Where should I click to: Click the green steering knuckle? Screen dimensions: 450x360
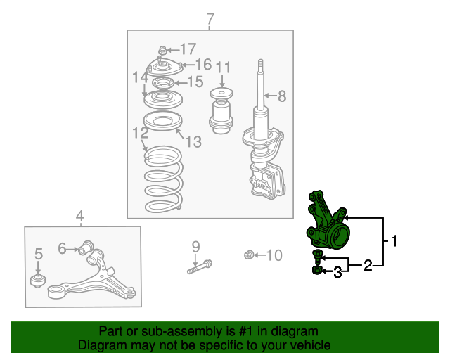tap(327, 221)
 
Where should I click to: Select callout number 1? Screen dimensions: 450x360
tap(394, 241)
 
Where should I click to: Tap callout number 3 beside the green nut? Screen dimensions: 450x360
tap(337, 272)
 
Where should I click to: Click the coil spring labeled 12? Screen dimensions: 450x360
tap(163, 179)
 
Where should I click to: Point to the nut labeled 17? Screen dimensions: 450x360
tap(162, 51)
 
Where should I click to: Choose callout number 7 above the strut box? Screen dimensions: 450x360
tap(210, 19)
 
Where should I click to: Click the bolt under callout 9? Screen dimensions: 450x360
tap(200, 266)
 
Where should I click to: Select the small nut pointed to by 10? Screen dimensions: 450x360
tap(249, 255)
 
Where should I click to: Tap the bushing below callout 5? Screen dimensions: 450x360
tap(38, 281)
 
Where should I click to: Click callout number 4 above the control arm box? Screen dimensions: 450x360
tap(79, 216)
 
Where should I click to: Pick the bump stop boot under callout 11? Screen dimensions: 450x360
tap(221, 110)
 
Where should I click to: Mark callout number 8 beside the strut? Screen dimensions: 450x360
tap(282, 96)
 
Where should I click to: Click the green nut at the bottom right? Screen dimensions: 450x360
tap(317, 270)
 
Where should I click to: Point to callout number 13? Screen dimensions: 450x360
tap(193, 141)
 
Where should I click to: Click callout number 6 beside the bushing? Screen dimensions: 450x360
tap(62, 248)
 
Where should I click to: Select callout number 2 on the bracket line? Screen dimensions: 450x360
tap(368, 265)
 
